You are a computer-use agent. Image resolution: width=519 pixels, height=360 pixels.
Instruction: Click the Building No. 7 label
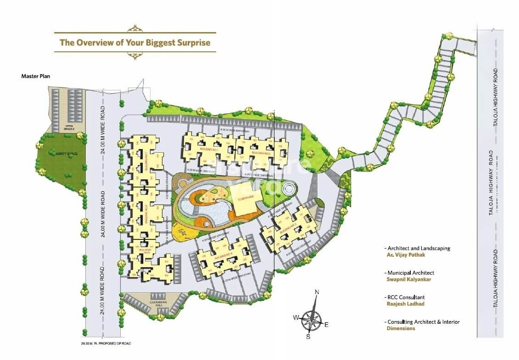(146, 164)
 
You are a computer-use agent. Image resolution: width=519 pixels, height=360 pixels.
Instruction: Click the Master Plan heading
(36, 76)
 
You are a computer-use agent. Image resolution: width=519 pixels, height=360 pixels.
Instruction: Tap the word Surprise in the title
(191, 43)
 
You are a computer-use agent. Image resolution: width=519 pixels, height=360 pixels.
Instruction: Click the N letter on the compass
(316, 292)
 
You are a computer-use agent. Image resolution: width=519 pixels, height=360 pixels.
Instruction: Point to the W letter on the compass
(296, 317)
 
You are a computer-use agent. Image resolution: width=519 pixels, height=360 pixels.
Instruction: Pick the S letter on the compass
(308, 337)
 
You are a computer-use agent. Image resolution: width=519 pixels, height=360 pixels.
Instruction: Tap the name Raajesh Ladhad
(406, 304)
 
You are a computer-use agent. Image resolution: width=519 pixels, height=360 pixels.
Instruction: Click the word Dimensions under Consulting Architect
(401, 328)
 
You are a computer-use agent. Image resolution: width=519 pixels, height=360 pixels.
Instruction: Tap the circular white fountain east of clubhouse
(290, 188)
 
